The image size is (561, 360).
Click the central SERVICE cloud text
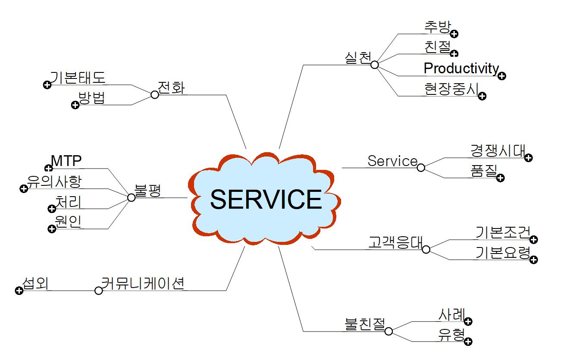pos(266,199)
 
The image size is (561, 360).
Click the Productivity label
pos(461,68)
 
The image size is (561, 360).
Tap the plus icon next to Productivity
pos(501,76)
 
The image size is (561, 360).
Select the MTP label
pos(66,161)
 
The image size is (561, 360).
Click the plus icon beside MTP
pos(48,168)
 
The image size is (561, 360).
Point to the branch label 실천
pos(358,58)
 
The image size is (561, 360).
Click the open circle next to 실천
pos(374,65)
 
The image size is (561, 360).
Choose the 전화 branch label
pos(171,88)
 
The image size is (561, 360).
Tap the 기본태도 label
pos(78,78)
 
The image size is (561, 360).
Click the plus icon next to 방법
pos(75,105)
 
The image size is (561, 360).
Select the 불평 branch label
pos(148,191)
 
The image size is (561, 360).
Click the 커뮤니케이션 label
pos(143,283)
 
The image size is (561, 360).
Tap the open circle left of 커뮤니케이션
pos(98,291)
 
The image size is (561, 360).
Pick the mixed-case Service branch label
pos(392,161)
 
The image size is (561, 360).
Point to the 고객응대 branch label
pos(395,242)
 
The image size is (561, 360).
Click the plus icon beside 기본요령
pos(533,260)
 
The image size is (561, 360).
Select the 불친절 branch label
pos(364,324)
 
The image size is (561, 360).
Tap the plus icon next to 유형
pos(468,342)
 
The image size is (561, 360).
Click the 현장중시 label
pos(451,88)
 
